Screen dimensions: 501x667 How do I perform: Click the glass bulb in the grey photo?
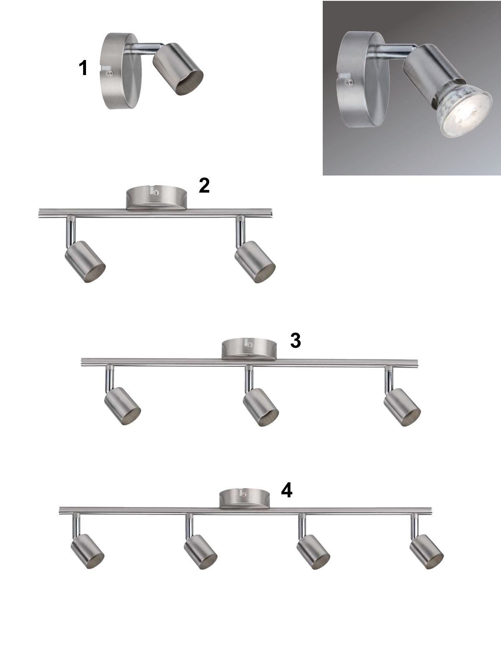click(465, 112)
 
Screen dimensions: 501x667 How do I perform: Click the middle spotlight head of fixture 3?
click(261, 407)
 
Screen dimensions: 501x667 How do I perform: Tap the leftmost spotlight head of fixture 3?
click(122, 406)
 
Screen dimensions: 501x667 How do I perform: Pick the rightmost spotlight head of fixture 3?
click(402, 407)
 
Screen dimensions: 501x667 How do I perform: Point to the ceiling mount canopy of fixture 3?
click(249, 349)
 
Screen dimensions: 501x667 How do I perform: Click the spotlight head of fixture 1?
click(178, 69)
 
